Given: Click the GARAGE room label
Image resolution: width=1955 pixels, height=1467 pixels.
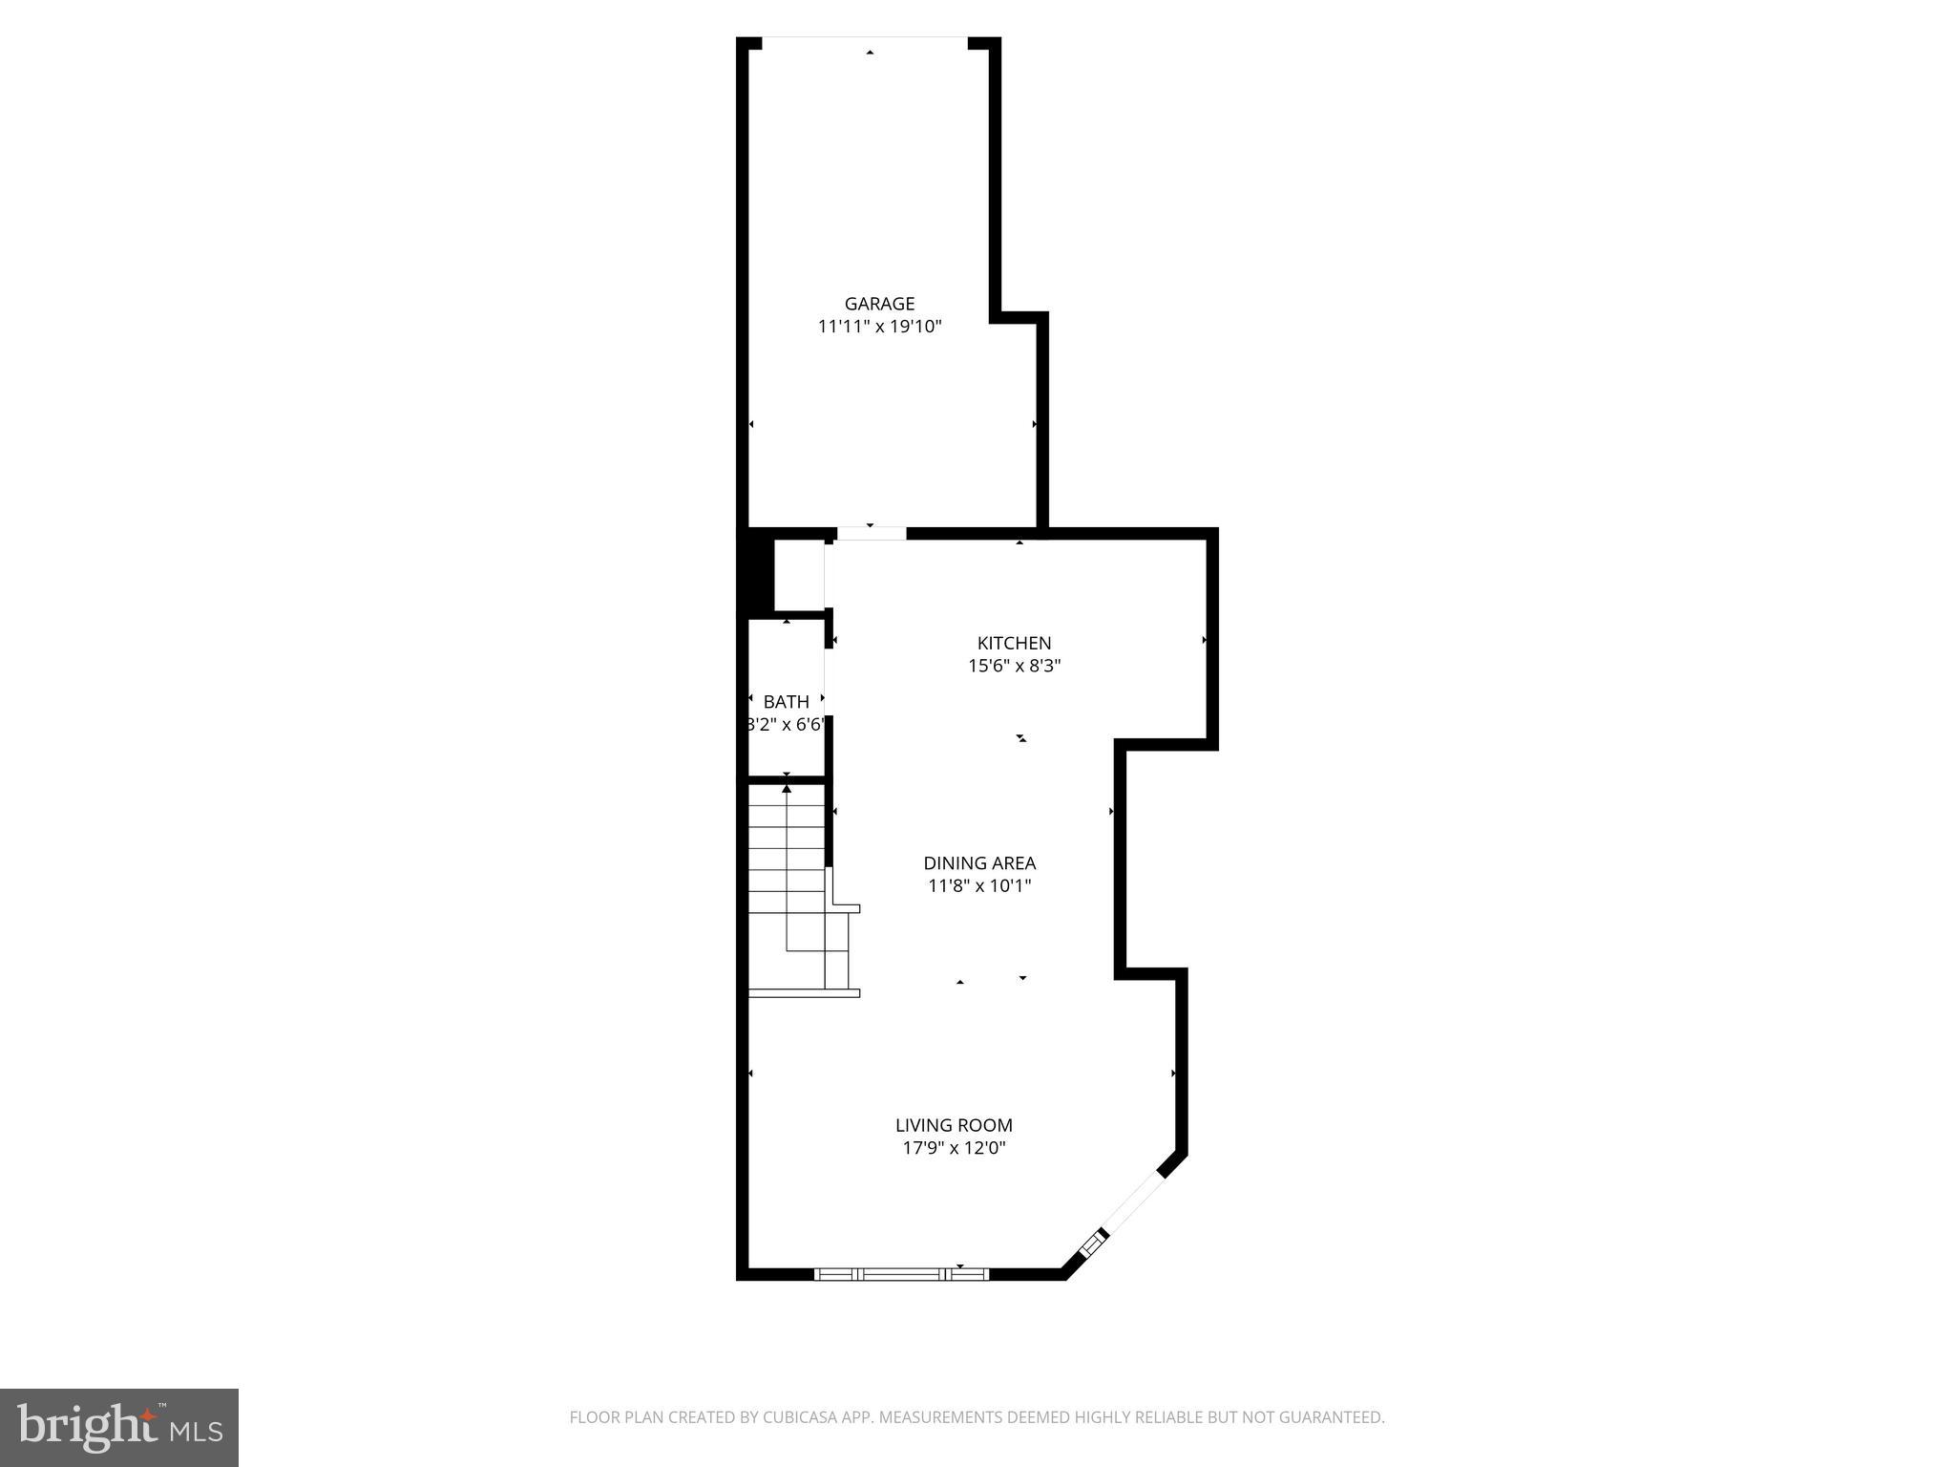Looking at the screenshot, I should tap(879, 304).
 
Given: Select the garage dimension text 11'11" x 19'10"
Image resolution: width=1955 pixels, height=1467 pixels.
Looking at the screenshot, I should tap(879, 327).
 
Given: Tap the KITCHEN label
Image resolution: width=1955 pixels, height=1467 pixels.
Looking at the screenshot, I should tap(1014, 643).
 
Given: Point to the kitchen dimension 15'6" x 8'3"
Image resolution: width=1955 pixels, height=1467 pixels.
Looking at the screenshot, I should tap(1014, 666).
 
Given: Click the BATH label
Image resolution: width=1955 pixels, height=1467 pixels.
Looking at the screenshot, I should tap(786, 701).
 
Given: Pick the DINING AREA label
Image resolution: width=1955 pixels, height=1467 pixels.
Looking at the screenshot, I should tap(979, 862).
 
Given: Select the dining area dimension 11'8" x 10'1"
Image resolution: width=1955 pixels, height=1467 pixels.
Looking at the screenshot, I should tap(979, 885).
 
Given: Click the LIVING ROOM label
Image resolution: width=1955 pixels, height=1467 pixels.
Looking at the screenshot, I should tap(954, 1125).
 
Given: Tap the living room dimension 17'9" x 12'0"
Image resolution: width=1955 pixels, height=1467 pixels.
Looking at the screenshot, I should tap(954, 1148).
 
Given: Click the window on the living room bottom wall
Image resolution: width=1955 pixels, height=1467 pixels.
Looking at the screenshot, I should tap(901, 1273).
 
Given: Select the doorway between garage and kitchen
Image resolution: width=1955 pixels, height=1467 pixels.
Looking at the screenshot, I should tap(871, 533).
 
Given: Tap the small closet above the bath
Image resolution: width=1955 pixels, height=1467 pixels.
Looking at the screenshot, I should tap(798, 575).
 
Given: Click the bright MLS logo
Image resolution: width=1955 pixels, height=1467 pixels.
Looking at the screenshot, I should tap(119, 1428).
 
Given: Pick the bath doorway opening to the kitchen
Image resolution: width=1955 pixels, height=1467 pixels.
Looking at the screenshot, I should tap(828, 682).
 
